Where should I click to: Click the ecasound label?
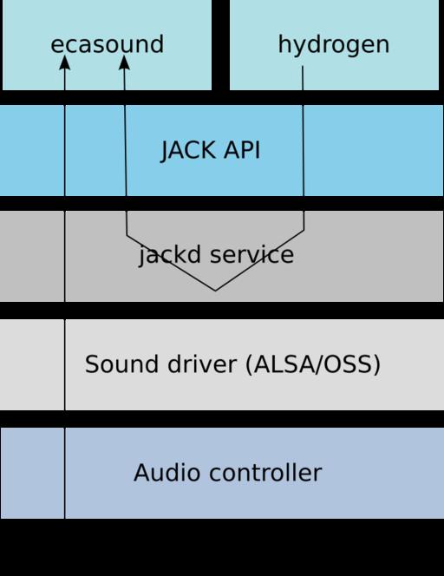coord(107,44)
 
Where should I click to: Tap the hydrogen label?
coord(334,45)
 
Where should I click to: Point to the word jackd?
coord(170,254)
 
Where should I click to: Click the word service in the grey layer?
coord(251,254)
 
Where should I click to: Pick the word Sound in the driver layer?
coord(123,363)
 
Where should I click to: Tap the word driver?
coord(201,363)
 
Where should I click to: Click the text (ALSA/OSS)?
coord(312,364)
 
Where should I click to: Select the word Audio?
coord(167,472)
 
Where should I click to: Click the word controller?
coord(265,472)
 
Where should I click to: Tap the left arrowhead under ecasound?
coord(65,62)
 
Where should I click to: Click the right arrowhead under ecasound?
coord(124,62)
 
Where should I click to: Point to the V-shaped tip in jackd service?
coord(215,291)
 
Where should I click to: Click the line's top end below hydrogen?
coord(303,66)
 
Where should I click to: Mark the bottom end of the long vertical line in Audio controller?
coord(65,518)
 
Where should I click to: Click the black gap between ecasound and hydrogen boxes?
coord(220,45)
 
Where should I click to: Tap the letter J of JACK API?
coord(166,151)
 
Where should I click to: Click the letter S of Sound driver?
coord(92,363)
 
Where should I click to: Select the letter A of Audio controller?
coord(142,472)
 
